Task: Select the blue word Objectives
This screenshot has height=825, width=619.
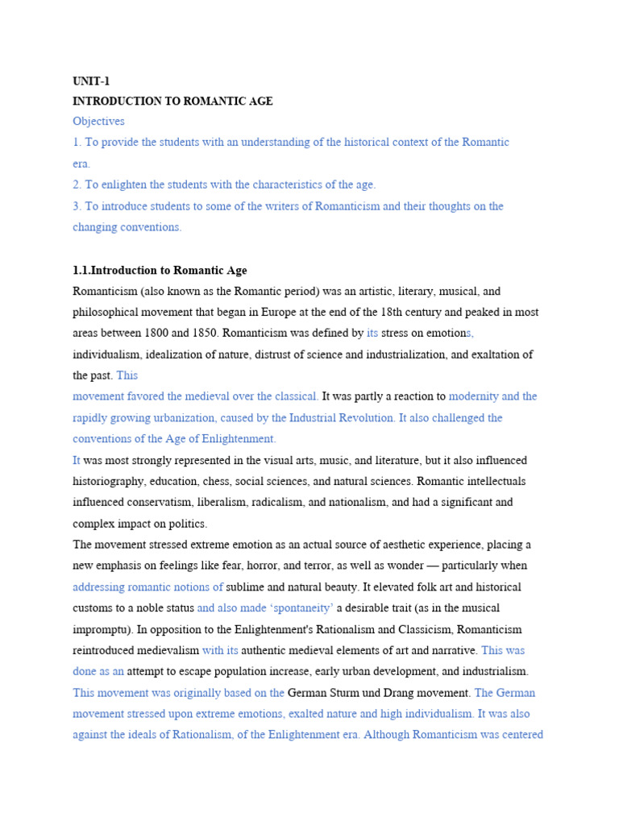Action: coord(98,121)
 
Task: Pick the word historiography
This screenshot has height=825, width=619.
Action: coord(107,481)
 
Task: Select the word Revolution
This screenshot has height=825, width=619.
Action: coord(368,418)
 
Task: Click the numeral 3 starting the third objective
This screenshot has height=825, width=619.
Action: coord(76,206)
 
